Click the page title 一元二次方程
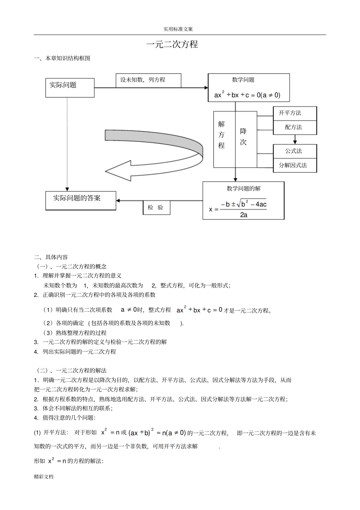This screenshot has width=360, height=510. (x=172, y=45)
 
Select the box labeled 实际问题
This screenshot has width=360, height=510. (x=70, y=88)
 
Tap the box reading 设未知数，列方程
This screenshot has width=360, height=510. (x=148, y=80)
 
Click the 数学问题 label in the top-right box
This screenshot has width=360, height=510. (x=243, y=80)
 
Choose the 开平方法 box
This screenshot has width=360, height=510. (x=295, y=113)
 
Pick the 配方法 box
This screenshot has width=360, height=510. (x=295, y=127)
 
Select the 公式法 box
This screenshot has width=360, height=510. (x=295, y=151)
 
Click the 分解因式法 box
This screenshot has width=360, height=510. (x=295, y=165)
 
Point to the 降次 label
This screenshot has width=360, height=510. (x=243, y=137)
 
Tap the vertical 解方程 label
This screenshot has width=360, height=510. (x=221, y=135)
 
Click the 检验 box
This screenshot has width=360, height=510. (x=156, y=207)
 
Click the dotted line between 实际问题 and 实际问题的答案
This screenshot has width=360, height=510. (x=67, y=144)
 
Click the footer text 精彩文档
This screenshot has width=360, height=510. (x=44, y=477)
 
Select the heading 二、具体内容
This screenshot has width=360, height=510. (x=51, y=257)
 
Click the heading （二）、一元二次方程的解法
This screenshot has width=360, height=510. (x=72, y=370)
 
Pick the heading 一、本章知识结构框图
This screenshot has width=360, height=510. (x=63, y=58)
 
